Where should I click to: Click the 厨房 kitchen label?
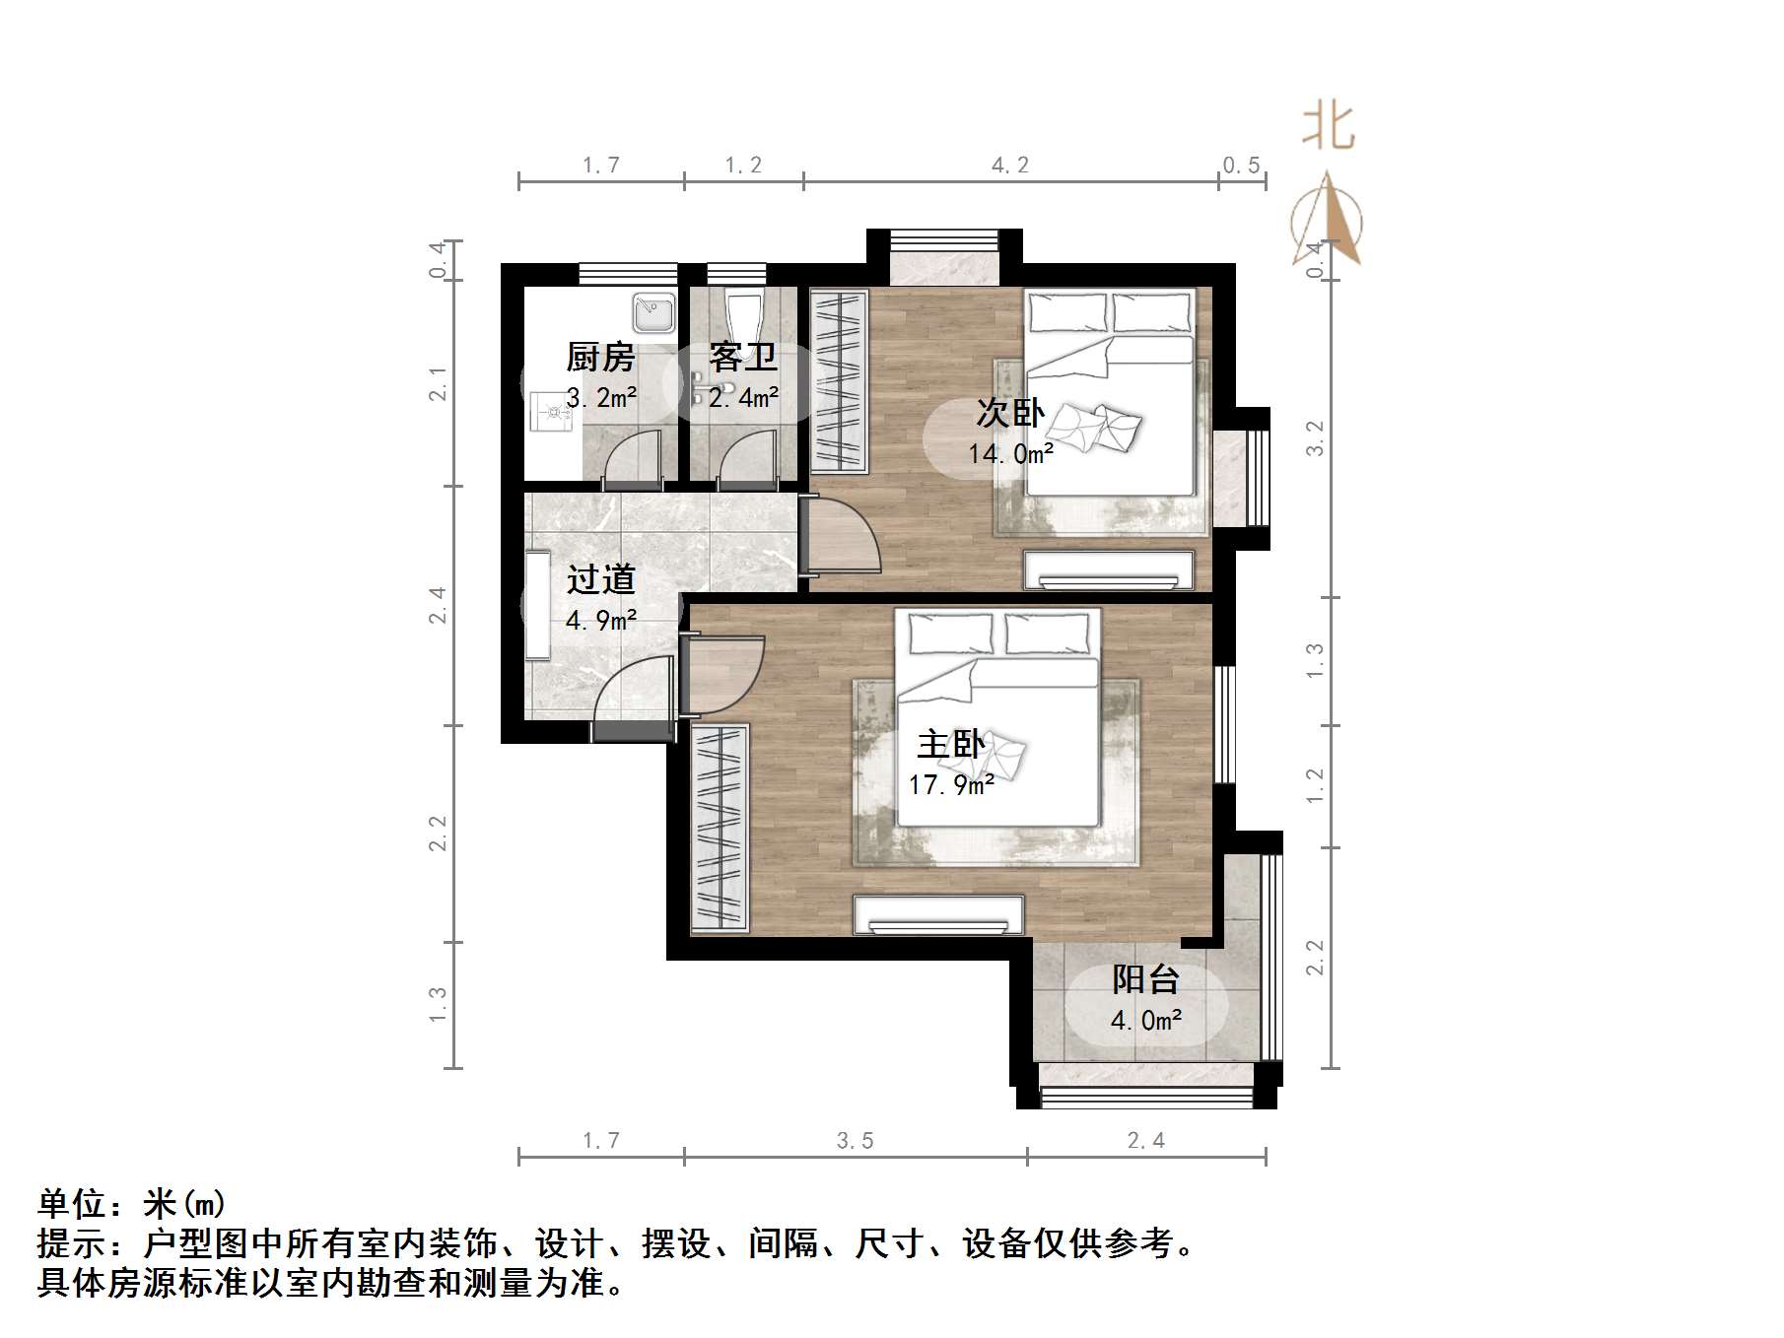(600, 357)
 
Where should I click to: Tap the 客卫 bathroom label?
(742, 357)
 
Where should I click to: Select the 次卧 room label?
(1010, 413)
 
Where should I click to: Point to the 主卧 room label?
(950, 744)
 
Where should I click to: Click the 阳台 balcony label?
(1145, 979)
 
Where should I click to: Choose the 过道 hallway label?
(600, 579)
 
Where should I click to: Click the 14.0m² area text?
(1010, 454)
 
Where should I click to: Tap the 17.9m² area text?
(950, 785)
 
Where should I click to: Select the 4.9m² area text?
(600, 621)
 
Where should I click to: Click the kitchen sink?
(653, 312)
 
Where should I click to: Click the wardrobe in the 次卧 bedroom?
(839, 380)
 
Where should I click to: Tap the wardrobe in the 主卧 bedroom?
(720, 828)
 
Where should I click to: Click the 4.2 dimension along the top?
(1010, 166)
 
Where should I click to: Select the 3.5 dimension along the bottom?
(855, 1141)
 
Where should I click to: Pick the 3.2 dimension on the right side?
(1315, 438)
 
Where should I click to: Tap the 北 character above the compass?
(1328, 127)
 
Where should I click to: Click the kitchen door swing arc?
(630, 455)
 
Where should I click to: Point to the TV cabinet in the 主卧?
(938, 914)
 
